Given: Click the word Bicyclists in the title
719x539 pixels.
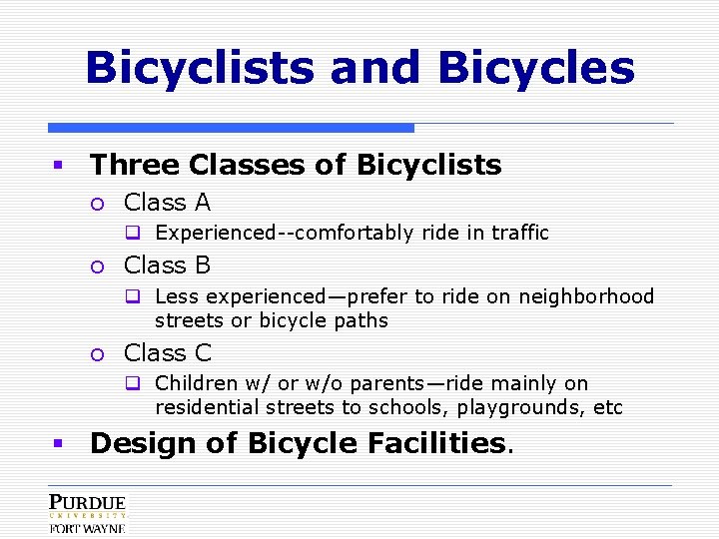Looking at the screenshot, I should click(201, 68).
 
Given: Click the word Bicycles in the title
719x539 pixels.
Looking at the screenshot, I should click(536, 68).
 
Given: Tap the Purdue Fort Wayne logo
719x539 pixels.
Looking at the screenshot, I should click(88, 513).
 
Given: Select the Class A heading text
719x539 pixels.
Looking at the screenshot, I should click(167, 203).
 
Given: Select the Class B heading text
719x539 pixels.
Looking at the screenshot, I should click(167, 266).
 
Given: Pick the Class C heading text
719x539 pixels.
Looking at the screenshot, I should click(167, 352).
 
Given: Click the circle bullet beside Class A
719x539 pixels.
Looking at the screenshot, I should click(97, 204).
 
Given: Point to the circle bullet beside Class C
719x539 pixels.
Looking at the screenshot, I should click(97, 353).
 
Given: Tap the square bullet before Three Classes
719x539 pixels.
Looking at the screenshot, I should click(59, 166).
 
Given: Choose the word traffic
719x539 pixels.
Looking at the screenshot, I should click(518, 234).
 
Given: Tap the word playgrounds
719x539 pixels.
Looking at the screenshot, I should click(521, 407).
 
